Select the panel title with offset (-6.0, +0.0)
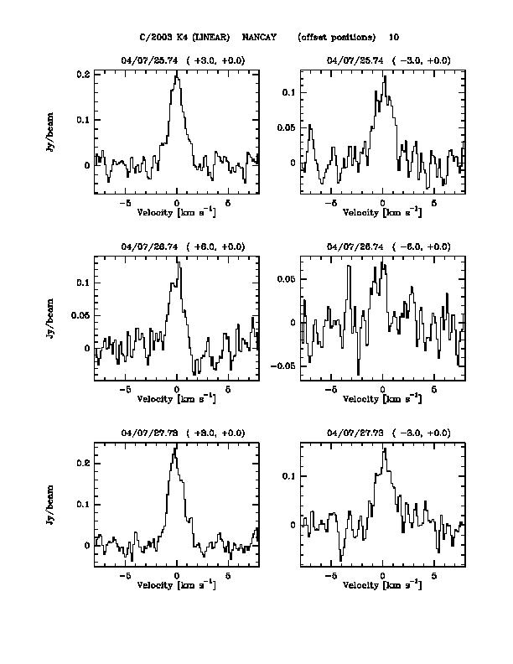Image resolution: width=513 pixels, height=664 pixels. pyautogui.click(x=388, y=246)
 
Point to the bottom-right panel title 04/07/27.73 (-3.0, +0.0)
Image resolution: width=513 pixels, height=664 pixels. pyautogui.click(x=388, y=433)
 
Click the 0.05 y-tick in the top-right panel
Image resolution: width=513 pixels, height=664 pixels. pyautogui.click(x=288, y=127)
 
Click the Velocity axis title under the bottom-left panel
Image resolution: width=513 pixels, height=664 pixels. pyautogui.click(x=176, y=584)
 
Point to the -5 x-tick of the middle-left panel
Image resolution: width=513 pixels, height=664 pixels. pyautogui.click(x=126, y=389)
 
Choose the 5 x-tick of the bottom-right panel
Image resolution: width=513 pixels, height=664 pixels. pyautogui.click(x=434, y=577)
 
